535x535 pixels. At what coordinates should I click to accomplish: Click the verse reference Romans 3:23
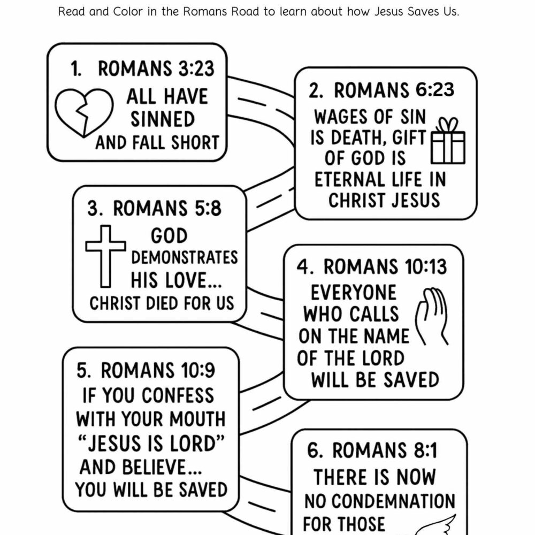pyautogui.click(x=156, y=69)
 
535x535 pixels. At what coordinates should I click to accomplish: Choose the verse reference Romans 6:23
pyautogui.click(x=394, y=90)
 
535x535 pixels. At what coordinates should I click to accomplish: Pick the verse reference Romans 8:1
pyautogui.click(x=385, y=451)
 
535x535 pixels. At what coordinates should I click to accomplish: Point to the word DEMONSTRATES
pyautogui.click(x=185, y=258)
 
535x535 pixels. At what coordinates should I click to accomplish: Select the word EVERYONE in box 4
pyautogui.click(x=354, y=293)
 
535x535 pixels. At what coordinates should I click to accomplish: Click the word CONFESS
pyautogui.click(x=178, y=395)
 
